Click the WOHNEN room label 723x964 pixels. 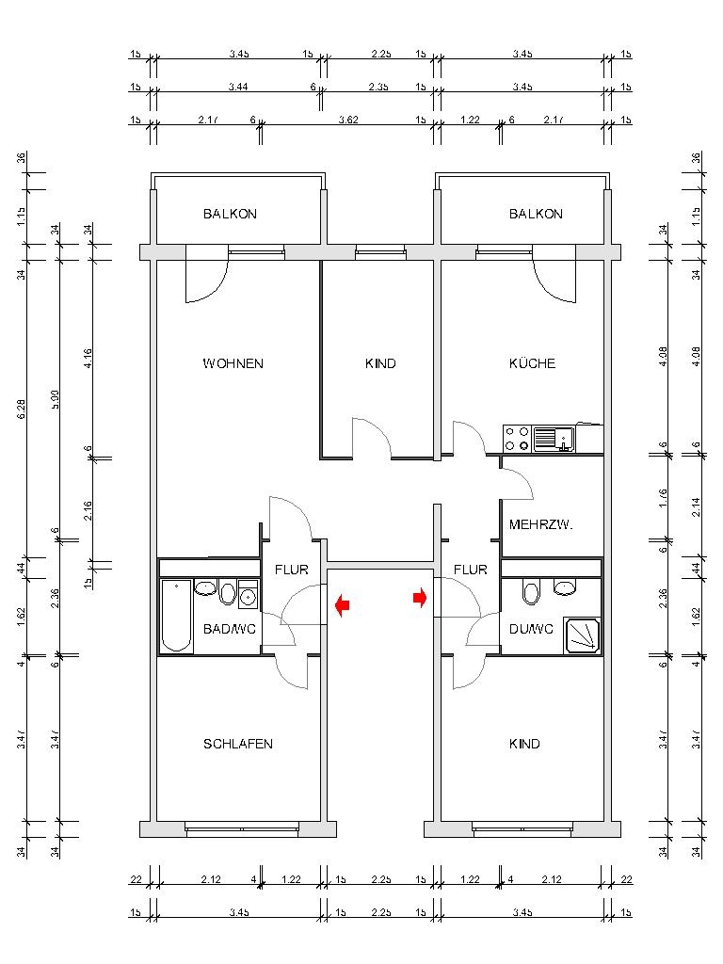pos(233,363)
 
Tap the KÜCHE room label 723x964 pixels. pos(532,363)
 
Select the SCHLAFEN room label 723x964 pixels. pos(238,744)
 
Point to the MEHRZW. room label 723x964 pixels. pos(540,524)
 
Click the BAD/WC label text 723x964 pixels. pos(225,629)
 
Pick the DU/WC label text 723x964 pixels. pos(530,629)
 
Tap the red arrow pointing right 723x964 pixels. pos(420,598)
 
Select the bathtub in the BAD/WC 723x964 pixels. pos(176,616)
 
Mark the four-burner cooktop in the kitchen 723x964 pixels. pos(517,438)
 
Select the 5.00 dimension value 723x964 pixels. pos(56,399)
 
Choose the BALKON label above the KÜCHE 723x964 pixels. pos(536,214)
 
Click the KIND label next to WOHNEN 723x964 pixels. pos(380,363)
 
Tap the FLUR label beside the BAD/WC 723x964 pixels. pos(290,570)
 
